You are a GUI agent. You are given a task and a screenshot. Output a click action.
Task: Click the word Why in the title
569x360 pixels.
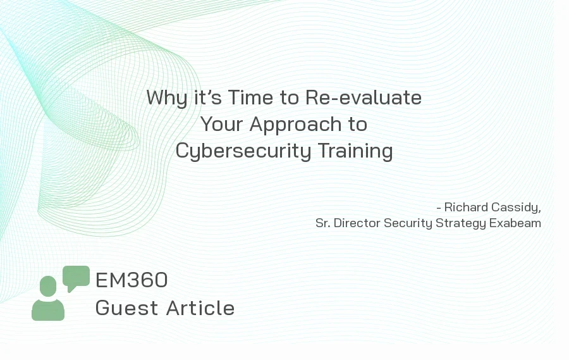point(167,98)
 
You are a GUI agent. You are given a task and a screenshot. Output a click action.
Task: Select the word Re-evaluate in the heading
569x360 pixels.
point(364,97)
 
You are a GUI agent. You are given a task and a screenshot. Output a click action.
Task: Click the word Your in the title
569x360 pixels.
point(221,124)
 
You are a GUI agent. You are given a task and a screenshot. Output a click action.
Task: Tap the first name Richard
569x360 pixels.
point(466,207)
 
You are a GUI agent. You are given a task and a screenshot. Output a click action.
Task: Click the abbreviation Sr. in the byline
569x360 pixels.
point(322,223)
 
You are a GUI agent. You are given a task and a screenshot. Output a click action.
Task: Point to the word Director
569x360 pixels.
point(357,223)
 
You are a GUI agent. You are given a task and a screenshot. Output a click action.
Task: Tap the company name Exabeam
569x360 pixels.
point(515,223)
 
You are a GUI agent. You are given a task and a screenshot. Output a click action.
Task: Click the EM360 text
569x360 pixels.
point(132,280)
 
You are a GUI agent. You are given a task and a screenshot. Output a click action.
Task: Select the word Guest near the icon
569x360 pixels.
point(127,308)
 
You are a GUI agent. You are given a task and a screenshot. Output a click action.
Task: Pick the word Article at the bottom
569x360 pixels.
point(200,308)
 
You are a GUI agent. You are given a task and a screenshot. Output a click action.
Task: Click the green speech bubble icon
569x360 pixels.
point(76,277)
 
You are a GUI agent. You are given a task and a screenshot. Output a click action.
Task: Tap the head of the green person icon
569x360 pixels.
point(48,286)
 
